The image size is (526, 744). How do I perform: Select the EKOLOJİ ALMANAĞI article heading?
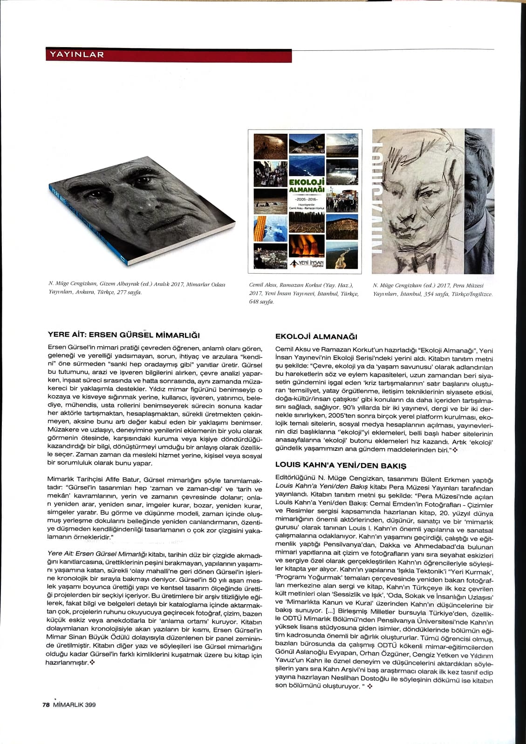pos(316,336)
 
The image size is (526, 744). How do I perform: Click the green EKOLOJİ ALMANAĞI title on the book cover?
pos(306,186)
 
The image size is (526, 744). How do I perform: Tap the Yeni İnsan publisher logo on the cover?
pos(306,263)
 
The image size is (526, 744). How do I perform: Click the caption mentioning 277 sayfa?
pos(137,288)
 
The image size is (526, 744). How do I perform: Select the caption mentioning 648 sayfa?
pos(304,293)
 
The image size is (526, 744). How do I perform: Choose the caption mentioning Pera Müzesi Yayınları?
pos(432,289)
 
